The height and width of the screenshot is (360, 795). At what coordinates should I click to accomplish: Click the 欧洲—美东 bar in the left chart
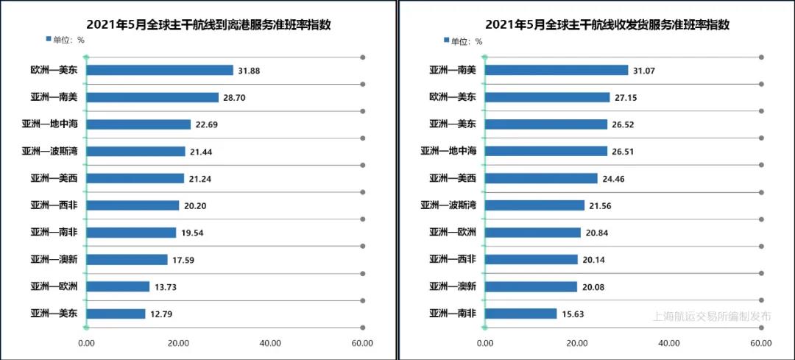click(160, 71)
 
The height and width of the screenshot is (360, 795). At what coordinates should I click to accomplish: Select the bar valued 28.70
click(153, 97)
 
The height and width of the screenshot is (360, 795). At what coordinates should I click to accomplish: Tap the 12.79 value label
click(162, 314)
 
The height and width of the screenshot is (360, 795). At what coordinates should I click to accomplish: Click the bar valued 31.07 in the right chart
click(556, 70)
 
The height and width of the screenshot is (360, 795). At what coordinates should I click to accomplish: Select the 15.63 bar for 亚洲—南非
click(521, 314)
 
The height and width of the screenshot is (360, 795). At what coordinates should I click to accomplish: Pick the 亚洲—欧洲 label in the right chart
click(453, 233)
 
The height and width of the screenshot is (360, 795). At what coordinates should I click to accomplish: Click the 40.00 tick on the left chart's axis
click(270, 343)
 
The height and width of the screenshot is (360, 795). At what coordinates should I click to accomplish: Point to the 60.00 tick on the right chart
click(761, 343)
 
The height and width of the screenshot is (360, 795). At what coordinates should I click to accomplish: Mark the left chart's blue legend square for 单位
click(49, 39)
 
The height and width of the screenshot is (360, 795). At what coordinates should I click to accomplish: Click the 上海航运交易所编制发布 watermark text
click(712, 317)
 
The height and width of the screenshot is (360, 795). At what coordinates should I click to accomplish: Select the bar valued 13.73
click(119, 286)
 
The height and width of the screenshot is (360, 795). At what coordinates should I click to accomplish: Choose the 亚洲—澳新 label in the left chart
click(54, 259)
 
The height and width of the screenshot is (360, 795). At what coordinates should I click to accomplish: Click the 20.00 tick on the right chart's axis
click(577, 343)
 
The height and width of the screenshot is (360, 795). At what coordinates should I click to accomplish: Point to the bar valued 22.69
click(138, 124)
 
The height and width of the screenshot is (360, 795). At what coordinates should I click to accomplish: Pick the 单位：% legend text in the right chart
click(467, 41)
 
